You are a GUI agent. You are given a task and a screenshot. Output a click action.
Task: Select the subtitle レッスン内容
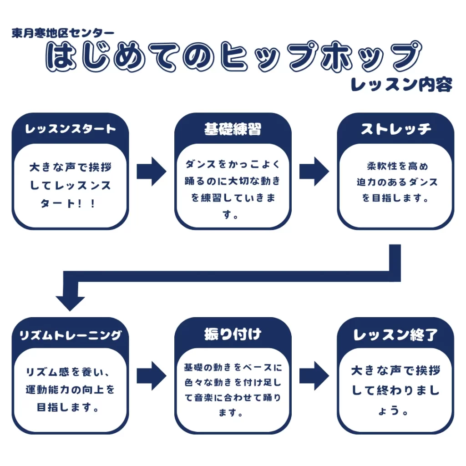pyautogui.click(x=401, y=85)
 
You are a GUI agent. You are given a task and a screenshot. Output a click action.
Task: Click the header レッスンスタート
pyautogui.click(x=71, y=129)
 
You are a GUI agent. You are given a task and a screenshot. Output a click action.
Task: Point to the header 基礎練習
pyautogui.click(x=233, y=129)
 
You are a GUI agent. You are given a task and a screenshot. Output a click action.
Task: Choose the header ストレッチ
pyautogui.click(x=395, y=129)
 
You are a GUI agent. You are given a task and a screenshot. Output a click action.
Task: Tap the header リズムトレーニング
pyautogui.click(x=71, y=335)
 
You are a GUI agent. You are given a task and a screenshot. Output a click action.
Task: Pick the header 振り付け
pyautogui.click(x=233, y=334)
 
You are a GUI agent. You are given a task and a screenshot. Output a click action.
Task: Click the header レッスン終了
pyautogui.click(x=395, y=335)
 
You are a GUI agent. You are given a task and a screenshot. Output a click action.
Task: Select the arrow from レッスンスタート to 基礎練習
pyautogui.click(x=152, y=172)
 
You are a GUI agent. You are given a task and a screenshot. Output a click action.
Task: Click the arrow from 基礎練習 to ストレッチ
pyautogui.click(x=314, y=172)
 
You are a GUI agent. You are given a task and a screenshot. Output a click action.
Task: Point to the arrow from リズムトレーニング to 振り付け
pyautogui.click(x=152, y=376)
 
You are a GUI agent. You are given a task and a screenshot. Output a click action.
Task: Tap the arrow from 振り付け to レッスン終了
pyautogui.click(x=314, y=376)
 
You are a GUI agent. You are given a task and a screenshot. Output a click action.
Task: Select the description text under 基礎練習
pyautogui.click(x=233, y=189)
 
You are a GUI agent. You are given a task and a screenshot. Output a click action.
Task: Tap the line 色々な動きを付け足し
pyautogui.click(x=233, y=383)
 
